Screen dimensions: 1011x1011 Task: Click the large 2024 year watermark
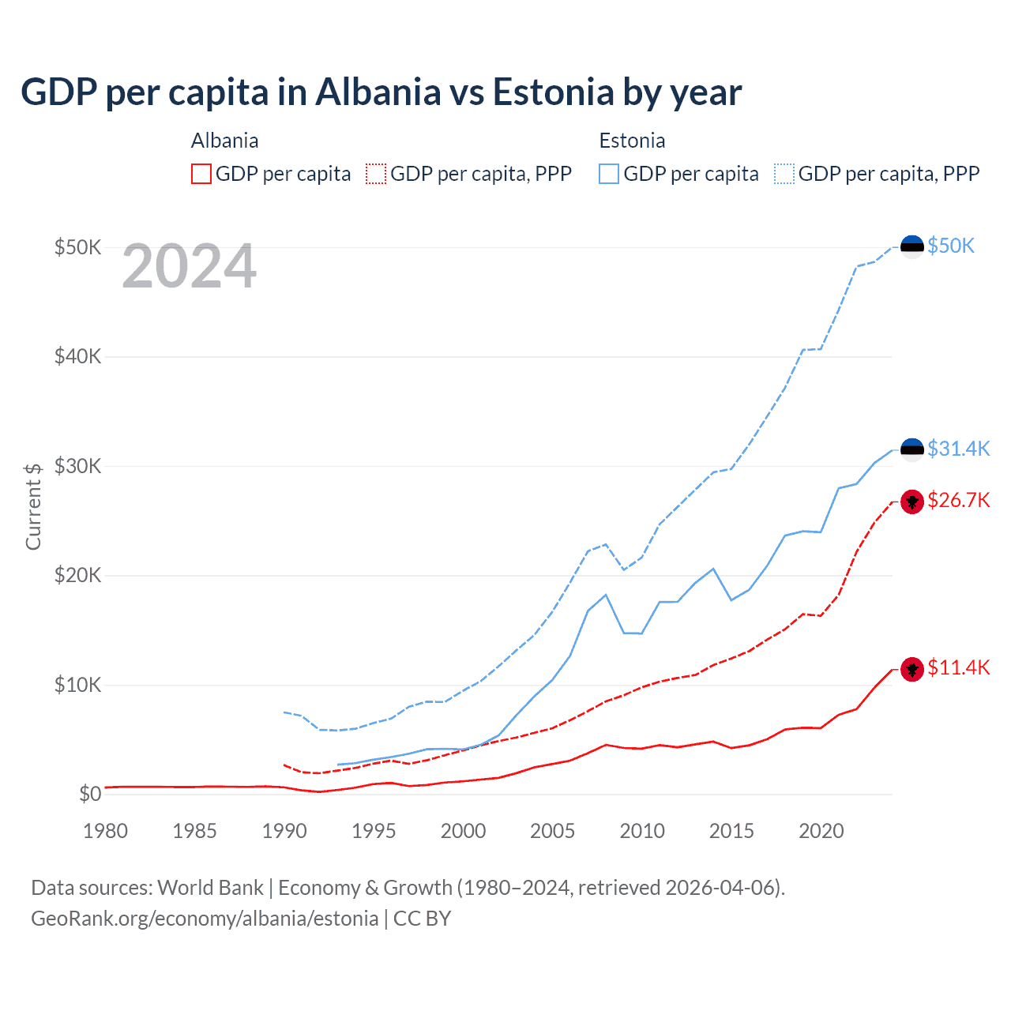[190, 267]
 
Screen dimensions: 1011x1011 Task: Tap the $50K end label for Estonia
[951, 246]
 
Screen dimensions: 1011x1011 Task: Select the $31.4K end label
[958, 449]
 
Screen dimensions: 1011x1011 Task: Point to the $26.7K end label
[958, 500]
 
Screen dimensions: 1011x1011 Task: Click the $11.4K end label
[958, 667]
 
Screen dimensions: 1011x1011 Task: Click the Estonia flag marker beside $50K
[912, 246]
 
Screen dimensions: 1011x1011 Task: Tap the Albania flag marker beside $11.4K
[912, 670]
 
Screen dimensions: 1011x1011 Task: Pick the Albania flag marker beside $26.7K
[912, 502]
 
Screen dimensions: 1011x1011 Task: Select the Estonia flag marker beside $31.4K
[912, 449]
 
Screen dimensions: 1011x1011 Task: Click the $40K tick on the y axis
[77, 356]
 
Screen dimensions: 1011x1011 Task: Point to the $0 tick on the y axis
[90, 794]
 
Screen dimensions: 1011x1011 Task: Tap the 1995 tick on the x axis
[374, 831]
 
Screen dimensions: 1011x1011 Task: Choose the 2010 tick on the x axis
[642, 831]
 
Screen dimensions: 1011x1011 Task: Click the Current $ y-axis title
[33, 506]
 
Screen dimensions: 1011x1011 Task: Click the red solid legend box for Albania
[201, 174]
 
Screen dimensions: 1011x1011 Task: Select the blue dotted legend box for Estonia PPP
[784, 174]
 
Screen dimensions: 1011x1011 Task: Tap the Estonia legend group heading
[632, 141]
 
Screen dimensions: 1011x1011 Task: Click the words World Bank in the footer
[210, 888]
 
